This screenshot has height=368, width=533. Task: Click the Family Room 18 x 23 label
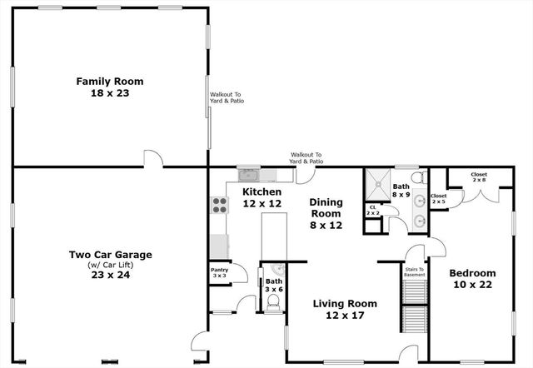(110, 87)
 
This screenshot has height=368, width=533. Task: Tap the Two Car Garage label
(110, 264)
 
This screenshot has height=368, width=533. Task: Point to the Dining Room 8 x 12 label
(326, 213)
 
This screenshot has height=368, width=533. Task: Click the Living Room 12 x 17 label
(345, 309)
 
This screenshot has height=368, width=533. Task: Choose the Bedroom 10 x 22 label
(472, 279)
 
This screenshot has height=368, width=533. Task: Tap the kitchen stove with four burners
(220, 206)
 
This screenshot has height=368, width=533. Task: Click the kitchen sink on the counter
(248, 175)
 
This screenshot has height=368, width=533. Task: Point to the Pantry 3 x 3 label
(219, 272)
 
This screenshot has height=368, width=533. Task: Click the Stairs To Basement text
(415, 272)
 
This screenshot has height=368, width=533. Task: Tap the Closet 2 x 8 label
(479, 177)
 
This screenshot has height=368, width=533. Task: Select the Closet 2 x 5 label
(438, 199)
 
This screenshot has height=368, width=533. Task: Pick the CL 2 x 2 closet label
(372, 210)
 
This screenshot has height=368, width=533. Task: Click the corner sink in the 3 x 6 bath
(276, 269)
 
